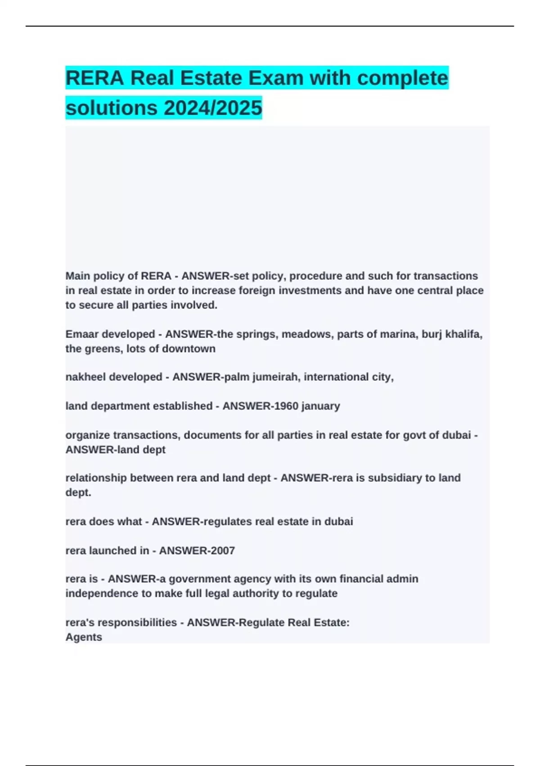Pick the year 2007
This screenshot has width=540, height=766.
[x=222, y=551]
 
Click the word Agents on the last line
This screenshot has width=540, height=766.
[x=84, y=637]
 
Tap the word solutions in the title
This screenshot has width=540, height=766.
[x=112, y=108]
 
